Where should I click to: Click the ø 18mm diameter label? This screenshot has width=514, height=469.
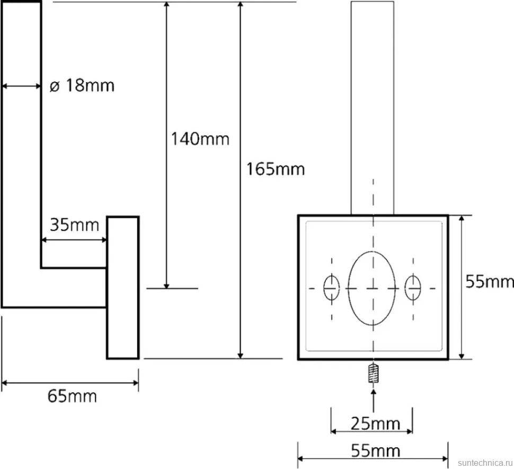[82, 85]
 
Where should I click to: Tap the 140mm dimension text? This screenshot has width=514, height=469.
[200, 139]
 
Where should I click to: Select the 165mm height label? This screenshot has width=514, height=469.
[276, 169]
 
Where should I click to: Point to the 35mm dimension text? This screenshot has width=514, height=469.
[74, 225]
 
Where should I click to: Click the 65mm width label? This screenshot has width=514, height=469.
[72, 396]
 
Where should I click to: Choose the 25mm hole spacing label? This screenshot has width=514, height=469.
[375, 423]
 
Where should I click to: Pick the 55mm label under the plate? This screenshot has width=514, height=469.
[375, 450]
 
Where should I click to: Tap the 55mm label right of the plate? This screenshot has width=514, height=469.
[490, 281]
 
